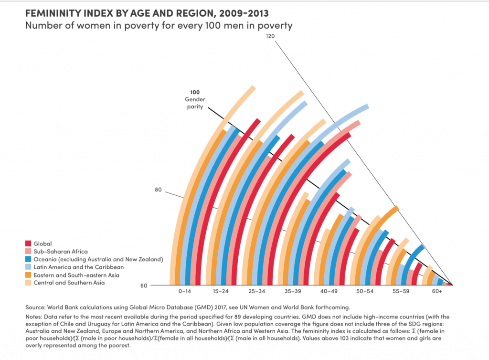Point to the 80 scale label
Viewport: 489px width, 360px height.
159,190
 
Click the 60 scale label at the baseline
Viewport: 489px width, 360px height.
144,286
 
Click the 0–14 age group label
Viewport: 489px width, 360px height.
186,290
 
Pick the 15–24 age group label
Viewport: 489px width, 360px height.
221,290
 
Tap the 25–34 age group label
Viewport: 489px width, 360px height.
256,290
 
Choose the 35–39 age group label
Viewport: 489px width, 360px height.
291,290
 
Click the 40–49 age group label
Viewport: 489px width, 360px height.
327,290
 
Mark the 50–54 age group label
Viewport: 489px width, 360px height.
362,290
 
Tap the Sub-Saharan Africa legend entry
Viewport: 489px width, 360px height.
60,251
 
